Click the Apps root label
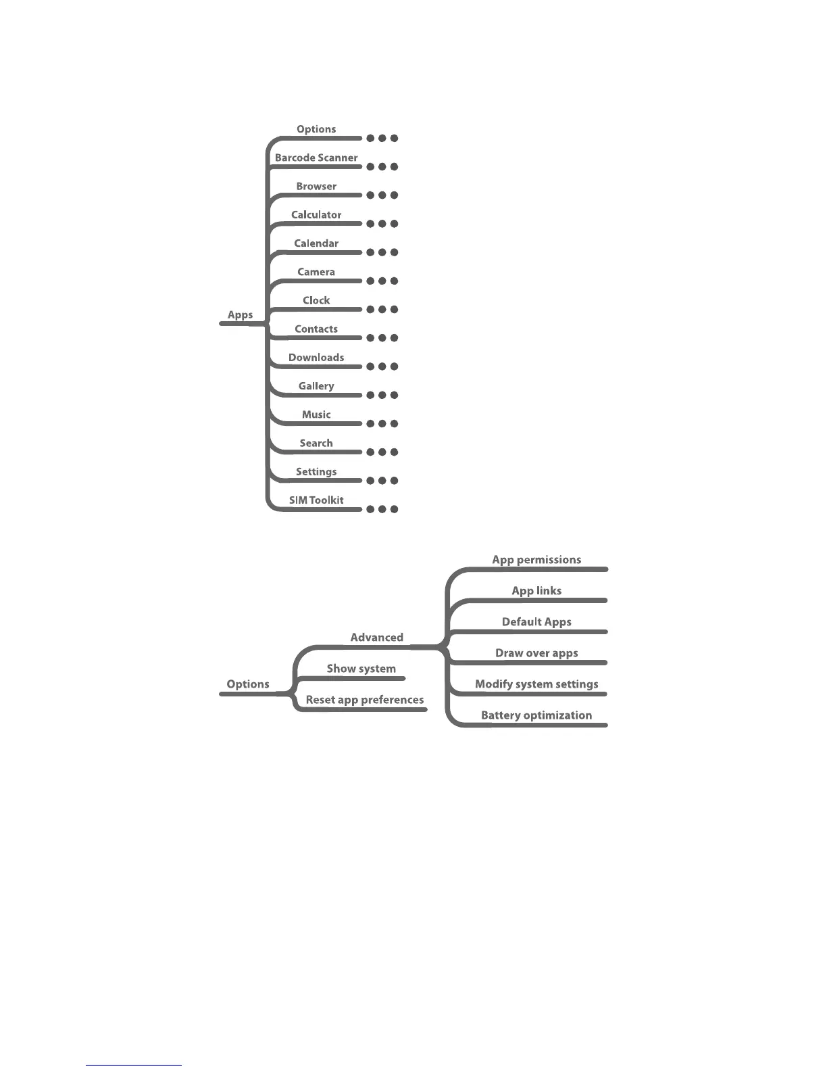pyautogui.click(x=240, y=315)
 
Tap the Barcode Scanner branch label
pyautogui.click(x=316, y=158)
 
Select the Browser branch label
pyautogui.click(x=316, y=187)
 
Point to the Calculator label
pyautogui.click(x=316, y=215)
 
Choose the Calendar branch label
pyautogui.click(x=316, y=243)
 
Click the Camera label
pyautogui.click(x=316, y=272)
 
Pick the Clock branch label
pyautogui.click(x=316, y=300)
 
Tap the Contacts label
pyautogui.click(x=316, y=329)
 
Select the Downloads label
pyautogui.click(x=316, y=358)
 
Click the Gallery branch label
pyautogui.click(x=316, y=386)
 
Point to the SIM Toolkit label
pyautogui.click(x=316, y=500)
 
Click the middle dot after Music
pyautogui.click(x=382, y=424)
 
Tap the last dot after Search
pyautogui.click(x=394, y=452)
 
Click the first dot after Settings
pyautogui.click(x=370, y=481)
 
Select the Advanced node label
pyautogui.click(x=376, y=638)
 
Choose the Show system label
pyautogui.click(x=361, y=669)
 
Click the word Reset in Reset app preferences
pyautogui.click(x=320, y=700)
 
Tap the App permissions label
pyautogui.click(x=536, y=560)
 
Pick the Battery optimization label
pyautogui.click(x=536, y=715)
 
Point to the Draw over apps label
pyautogui.click(x=536, y=653)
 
